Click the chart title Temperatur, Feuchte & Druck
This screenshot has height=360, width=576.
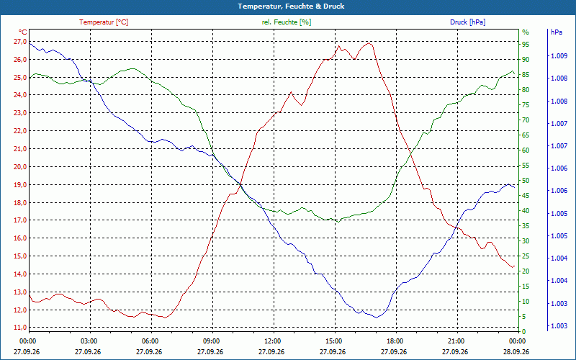(x=291, y=6)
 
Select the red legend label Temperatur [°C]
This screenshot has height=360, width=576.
(x=104, y=22)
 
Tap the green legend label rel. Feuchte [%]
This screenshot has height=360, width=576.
(x=286, y=22)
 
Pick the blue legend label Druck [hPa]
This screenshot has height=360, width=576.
(x=467, y=22)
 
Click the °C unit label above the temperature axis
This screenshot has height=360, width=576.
(x=23, y=32)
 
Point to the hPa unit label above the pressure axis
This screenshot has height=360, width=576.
(x=557, y=32)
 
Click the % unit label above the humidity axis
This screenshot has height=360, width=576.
(x=526, y=32)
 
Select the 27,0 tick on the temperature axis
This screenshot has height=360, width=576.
(x=20, y=42)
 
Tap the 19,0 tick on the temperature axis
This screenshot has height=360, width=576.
(x=20, y=185)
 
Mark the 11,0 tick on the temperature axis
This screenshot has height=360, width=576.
(x=20, y=328)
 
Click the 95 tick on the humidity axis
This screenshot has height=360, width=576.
(x=526, y=45)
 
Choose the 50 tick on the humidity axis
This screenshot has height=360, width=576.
(x=526, y=181)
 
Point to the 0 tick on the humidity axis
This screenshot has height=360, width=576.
(x=524, y=332)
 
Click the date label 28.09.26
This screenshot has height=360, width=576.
(x=516, y=352)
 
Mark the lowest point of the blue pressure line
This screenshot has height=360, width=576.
(x=377, y=318)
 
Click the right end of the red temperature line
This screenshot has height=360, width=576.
(x=514, y=266)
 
